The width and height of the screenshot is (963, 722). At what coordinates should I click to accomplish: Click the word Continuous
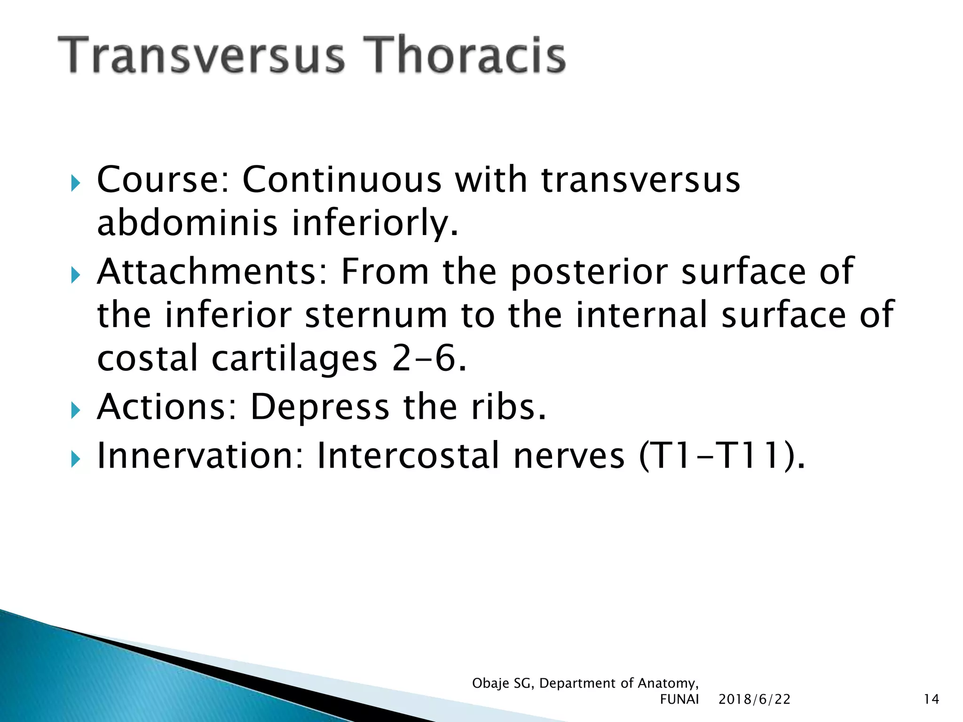[342, 180]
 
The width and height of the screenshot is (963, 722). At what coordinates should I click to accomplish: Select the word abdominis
[187, 223]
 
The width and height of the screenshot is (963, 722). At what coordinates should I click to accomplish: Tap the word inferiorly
[375, 224]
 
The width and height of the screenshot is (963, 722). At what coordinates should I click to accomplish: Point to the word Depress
[320, 407]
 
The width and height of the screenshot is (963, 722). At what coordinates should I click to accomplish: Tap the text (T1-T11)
[722, 456]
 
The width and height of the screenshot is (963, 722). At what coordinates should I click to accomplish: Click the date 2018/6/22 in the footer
[754, 699]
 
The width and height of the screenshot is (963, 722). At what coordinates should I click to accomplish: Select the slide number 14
[931, 699]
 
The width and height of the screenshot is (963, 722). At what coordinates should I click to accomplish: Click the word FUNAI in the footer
[679, 699]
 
